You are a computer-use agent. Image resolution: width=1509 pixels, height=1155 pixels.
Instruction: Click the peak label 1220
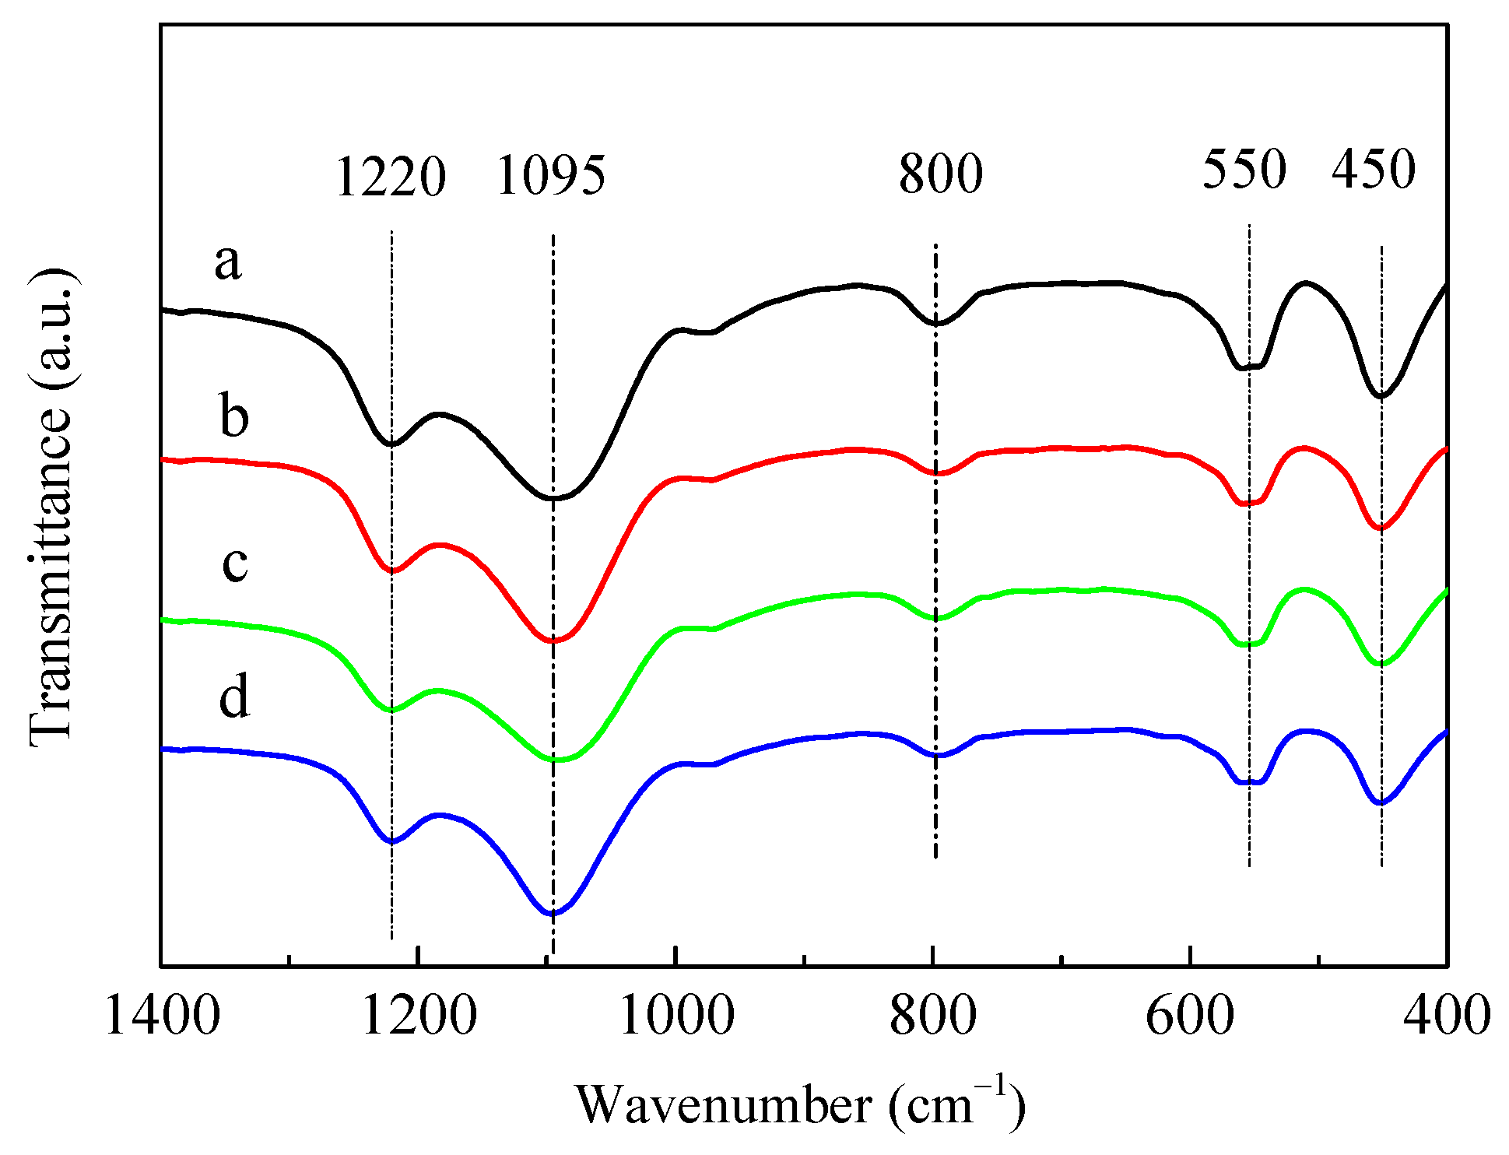(391, 177)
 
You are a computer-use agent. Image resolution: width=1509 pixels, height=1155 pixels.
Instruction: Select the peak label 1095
(551, 175)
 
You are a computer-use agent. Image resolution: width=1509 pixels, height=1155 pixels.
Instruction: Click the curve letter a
(228, 262)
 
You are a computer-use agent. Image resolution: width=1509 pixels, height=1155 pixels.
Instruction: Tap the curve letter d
(233, 695)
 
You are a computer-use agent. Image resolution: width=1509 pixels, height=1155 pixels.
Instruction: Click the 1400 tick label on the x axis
(162, 1016)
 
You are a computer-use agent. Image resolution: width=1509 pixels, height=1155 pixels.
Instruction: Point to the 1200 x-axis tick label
(419, 1016)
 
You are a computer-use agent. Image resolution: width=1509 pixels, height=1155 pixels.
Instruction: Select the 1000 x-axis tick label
(676, 1016)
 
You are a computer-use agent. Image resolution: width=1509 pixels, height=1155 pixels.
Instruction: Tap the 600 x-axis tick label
(1190, 1016)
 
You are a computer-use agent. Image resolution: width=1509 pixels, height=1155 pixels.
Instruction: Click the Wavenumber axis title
(800, 1104)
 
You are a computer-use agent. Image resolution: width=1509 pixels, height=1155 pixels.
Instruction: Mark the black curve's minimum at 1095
(553, 497)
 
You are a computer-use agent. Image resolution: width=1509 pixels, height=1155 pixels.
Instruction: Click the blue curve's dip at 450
(1381, 802)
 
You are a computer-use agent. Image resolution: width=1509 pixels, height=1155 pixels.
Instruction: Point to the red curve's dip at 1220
(391, 570)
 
